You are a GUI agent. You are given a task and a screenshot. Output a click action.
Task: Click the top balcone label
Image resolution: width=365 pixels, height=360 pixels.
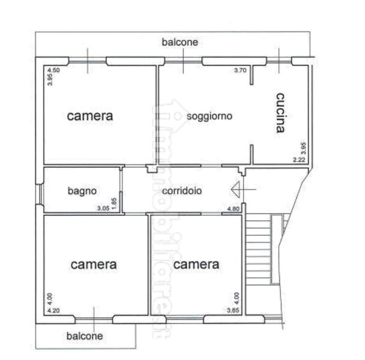pyautogui.click(x=179, y=43)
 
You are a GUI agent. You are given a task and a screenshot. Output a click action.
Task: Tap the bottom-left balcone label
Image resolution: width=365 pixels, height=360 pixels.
pyautogui.click(x=84, y=336)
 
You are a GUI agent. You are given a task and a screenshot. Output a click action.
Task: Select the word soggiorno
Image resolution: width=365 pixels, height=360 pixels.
pyautogui.click(x=210, y=115)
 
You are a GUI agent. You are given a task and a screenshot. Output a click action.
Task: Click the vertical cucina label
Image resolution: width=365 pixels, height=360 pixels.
pyautogui.click(x=280, y=112)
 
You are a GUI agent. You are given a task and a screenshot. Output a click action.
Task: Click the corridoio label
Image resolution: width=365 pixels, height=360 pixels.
pyautogui.click(x=182, y=190)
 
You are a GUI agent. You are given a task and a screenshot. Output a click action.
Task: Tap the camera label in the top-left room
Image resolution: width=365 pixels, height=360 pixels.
pyautogui.click(x=90, y=115)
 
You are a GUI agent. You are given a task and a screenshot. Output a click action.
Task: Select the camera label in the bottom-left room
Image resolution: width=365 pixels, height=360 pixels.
pyautogui.click(x=94, y=264)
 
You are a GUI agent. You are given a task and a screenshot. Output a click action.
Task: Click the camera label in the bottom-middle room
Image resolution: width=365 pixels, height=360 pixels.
pyautogui.click(x=196, y=264)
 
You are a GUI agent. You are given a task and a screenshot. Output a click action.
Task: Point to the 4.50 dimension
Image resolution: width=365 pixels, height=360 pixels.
pyautogui.click(x=53, y=71)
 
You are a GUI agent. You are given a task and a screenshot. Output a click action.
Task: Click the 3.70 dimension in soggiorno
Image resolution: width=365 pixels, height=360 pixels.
pyautogui.click(x=240, y=71)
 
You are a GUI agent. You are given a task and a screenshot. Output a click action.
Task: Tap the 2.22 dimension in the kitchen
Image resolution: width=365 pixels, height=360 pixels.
pyautogui.click(x=299, y=160)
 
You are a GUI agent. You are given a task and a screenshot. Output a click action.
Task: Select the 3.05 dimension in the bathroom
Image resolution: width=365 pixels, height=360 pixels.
pyautogui.click(x=104, y=208)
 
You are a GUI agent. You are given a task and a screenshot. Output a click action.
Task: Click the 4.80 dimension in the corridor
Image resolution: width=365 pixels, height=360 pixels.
pyautogui.click(x=233, y=208)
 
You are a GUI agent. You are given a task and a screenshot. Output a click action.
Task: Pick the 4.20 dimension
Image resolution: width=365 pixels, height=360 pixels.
pyautogui.click(x=54, y=310)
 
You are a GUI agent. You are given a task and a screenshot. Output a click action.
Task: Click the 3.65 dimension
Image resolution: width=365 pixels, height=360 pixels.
pyautogui.click(x=233, y=310)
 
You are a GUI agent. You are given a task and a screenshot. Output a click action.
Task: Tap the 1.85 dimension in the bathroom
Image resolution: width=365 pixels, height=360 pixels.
pyautogui.click(x=115, y=204)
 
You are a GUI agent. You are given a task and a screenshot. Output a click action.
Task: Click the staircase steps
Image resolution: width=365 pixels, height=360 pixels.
pyautogui.click(x=258, y=252)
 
